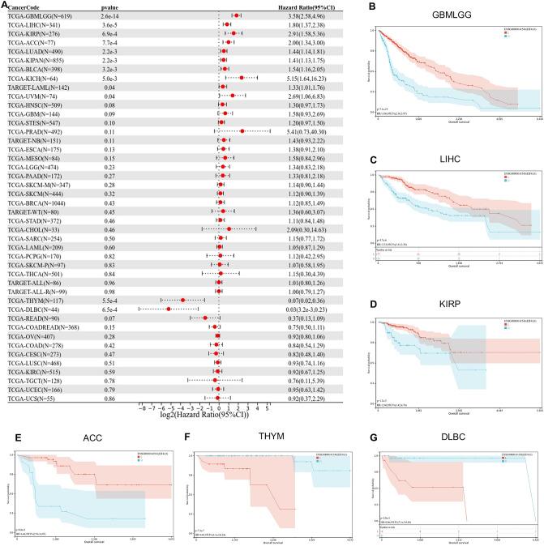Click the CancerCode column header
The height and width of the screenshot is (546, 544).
pos(25,6)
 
